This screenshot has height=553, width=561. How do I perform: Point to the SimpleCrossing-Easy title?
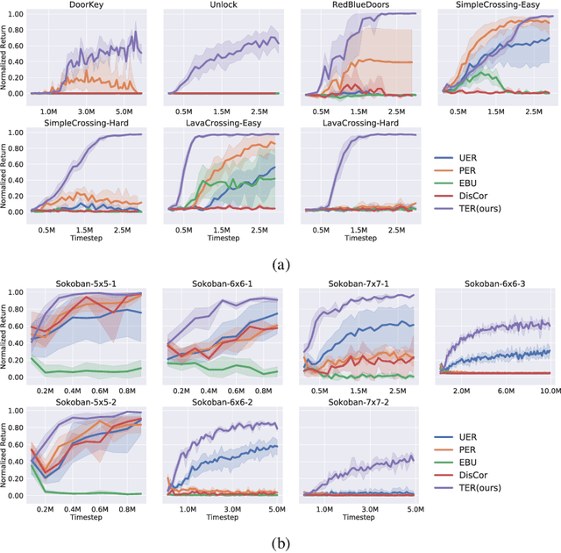(496, 5)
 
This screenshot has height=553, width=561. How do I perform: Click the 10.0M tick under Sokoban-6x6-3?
(549, 389)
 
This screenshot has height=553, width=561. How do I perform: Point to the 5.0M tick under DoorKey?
(125, 112)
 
